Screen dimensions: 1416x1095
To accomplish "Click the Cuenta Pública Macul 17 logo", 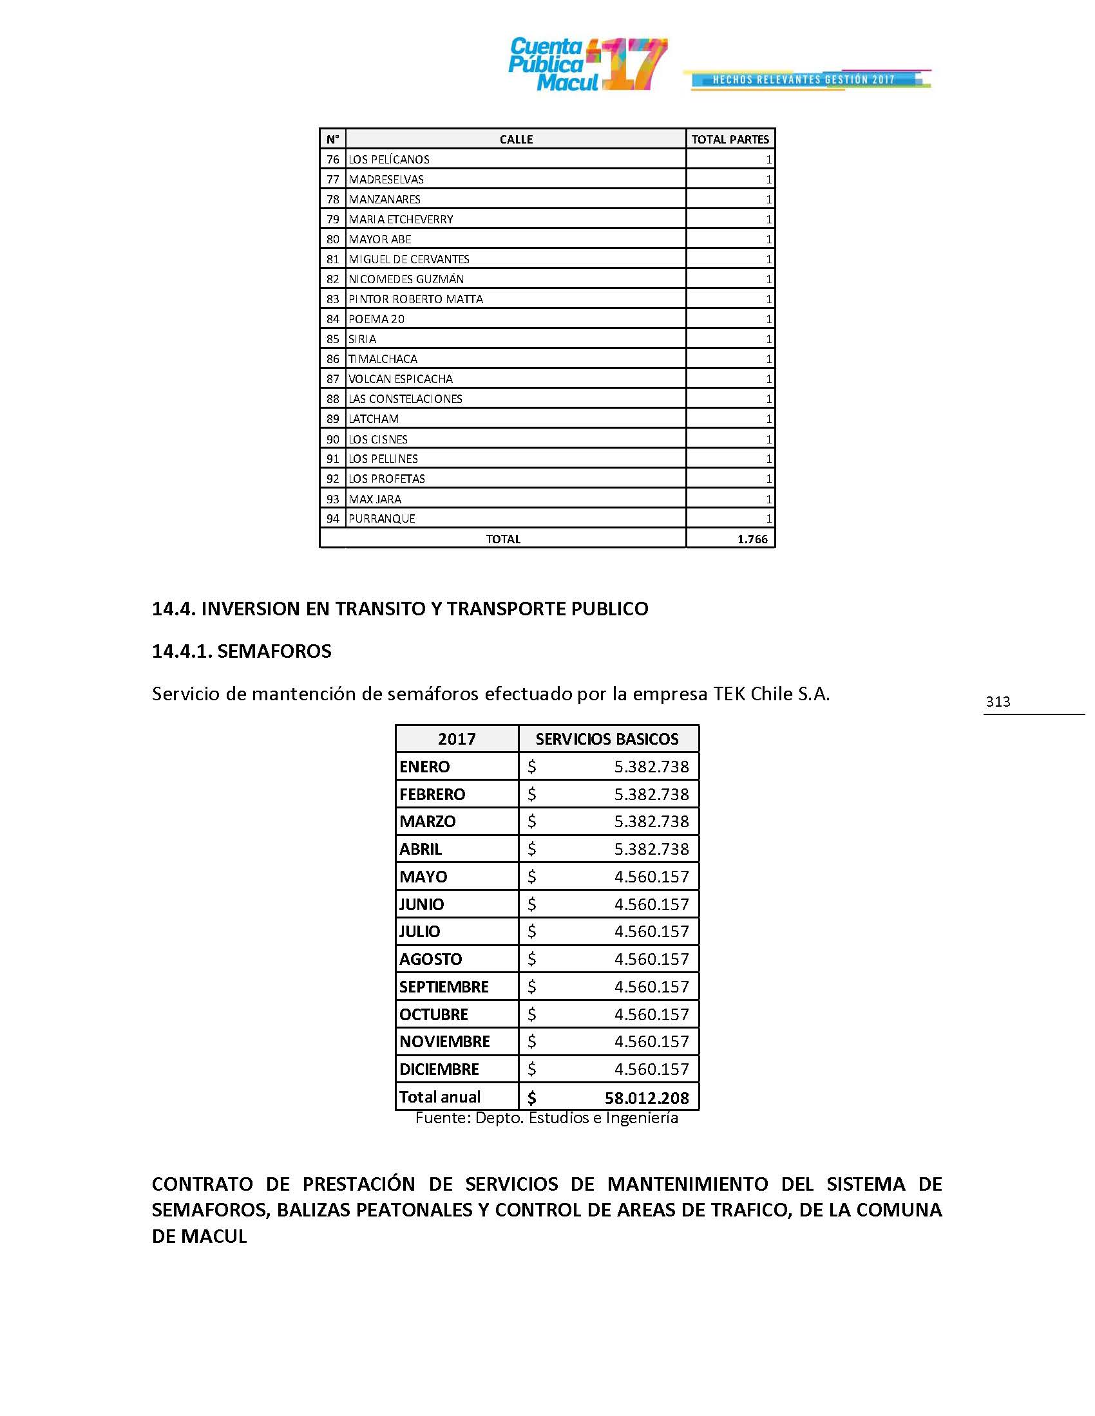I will pyautogui.click(x=587, y=64).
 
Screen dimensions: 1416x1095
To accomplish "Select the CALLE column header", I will pyautogui.click(x=516, y=140).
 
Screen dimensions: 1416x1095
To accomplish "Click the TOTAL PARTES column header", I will pyautogui.click(x=730, y=140).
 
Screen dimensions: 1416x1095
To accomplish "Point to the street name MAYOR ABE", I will pyautogui.click(x=379, y=239).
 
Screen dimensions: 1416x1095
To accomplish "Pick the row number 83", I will pyautogui.click(x=333, y=299).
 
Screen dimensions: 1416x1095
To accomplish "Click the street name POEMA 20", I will pyautogui.click(x=376, y=319).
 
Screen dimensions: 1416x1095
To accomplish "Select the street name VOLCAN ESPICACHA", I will pyautogui.click(x=400, y=378).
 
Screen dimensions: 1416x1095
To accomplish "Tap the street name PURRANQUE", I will pyautogui.click(x=381, y=519).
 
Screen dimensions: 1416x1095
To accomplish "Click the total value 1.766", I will pyautogui.click(x=752, y=539).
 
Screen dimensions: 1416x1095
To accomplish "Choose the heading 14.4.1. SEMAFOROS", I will pyautogui.click(x=242, y=651).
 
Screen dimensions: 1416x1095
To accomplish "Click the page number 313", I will pyautogui.click(x=998, y=702).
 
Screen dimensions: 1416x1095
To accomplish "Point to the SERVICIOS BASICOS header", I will pyautogui.click(x=607, y=739).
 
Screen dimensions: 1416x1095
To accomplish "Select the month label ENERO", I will pyautogui.click(x=424, y=767).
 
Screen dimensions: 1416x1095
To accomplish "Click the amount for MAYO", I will pyautogui.click(x=651, y=877).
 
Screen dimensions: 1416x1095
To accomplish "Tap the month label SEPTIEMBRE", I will pyautogui.click(x=444, y=987).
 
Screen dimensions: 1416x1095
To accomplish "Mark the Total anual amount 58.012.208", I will pyautogui.click(x=646, y=1097).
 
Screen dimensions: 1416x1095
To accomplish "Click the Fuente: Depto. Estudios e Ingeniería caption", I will pyautogui.click(x=546, y=1118).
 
